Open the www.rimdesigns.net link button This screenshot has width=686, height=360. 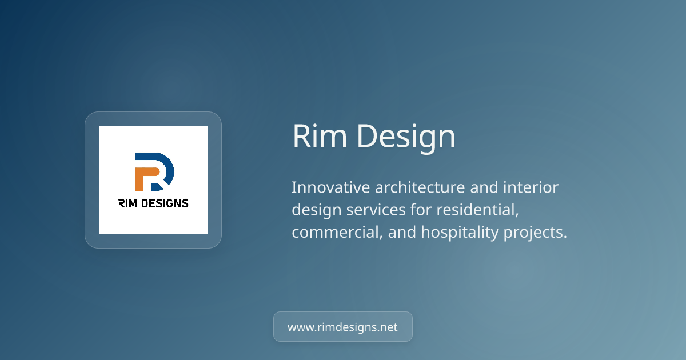coord(342,327)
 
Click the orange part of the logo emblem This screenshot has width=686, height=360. coord(142,178)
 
